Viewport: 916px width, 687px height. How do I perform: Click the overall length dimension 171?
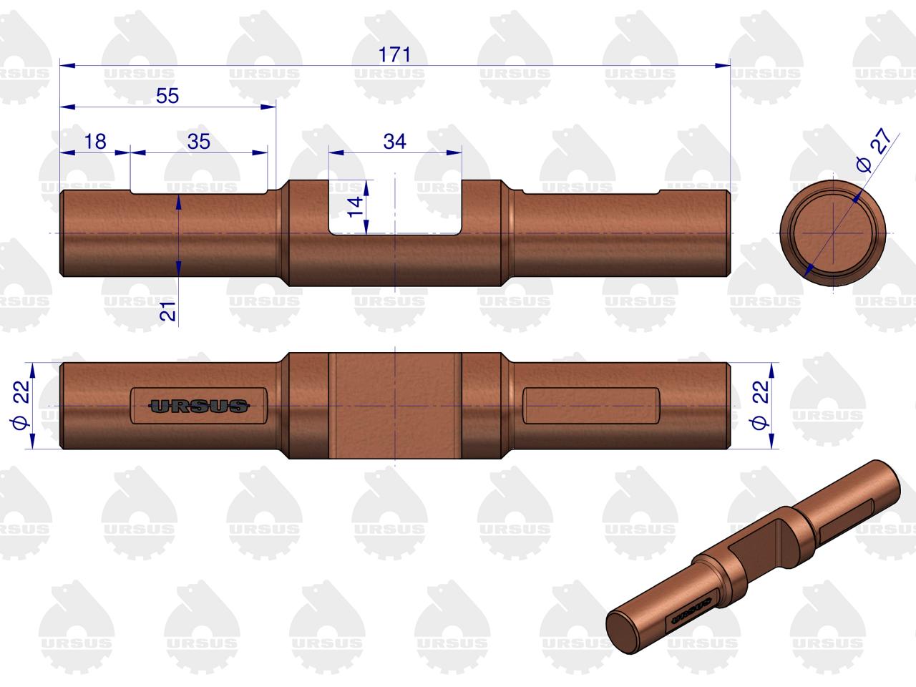click(x=394, y=54)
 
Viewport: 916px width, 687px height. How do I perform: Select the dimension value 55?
click(x=167, y=96)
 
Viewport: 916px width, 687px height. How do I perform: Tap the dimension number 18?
click(x=95, y=142)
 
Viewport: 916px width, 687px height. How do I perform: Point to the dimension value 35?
click(x=199, y=142)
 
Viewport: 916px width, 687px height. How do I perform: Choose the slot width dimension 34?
click(x=394, y=142)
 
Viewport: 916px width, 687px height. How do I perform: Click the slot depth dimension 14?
click(x=356, y=207)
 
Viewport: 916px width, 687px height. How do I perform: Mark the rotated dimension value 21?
click(x=167, y=311)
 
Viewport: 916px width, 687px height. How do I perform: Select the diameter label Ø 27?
click(x=873, y=150)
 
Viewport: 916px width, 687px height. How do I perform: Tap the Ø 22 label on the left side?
click(x=21, y=404)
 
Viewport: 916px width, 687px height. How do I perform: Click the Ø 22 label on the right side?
click(x=759, y=404)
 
